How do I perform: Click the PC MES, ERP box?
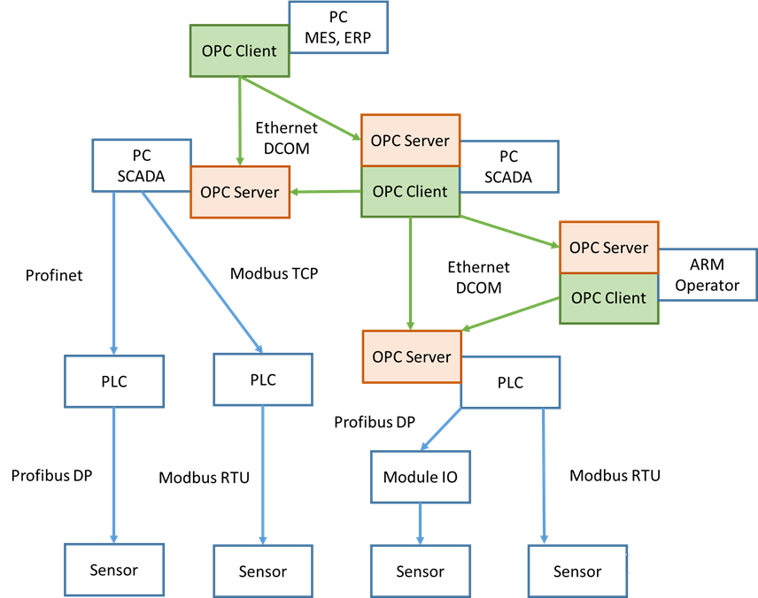(338, 27)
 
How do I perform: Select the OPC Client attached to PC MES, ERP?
(239, 50)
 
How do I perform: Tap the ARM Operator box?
(714, 274)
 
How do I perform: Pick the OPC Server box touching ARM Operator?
(608, 248)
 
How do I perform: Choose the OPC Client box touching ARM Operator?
(608, 298)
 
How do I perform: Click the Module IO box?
(420, 478)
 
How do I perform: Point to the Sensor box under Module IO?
(420, 571)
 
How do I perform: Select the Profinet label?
(54, 275)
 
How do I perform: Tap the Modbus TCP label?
(274, 273)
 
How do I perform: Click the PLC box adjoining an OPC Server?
(510, 382)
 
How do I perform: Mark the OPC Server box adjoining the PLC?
(412, 356)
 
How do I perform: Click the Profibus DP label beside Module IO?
(375, 422)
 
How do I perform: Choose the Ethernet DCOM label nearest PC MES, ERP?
(287, 138)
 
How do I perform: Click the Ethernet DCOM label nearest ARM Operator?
(478, 277)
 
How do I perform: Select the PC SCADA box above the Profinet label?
(142, 165)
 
